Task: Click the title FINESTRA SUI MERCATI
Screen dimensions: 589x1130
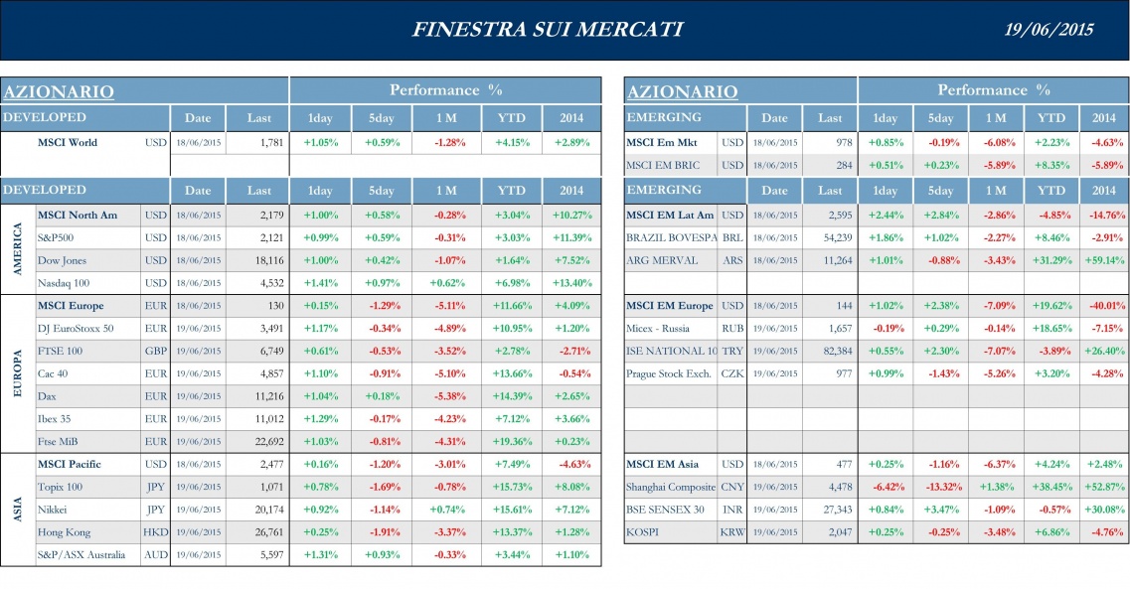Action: click(x=547, y=29)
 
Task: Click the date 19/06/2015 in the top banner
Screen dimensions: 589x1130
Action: click(x=1049, y=29)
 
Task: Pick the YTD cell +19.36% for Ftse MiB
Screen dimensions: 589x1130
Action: click(x=510, y=441)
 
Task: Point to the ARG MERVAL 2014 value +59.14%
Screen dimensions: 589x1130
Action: click(x=1103, y=260)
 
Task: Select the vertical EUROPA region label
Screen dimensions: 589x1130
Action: click(x=17, y=372)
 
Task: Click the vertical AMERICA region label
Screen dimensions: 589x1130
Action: click(x=17, y=249)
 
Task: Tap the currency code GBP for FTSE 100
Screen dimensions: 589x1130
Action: click(x=156, y=351)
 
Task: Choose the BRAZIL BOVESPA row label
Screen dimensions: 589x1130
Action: click(x=671, y=237)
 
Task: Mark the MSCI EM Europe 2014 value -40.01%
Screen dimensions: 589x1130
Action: click(x=1103, y=306)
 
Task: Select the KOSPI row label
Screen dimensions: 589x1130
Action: click(x=643, y=531)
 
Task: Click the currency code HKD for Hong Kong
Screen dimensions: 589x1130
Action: click(x=156, y=531)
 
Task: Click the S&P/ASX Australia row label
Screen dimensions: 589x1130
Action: click(x=81, y=554)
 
